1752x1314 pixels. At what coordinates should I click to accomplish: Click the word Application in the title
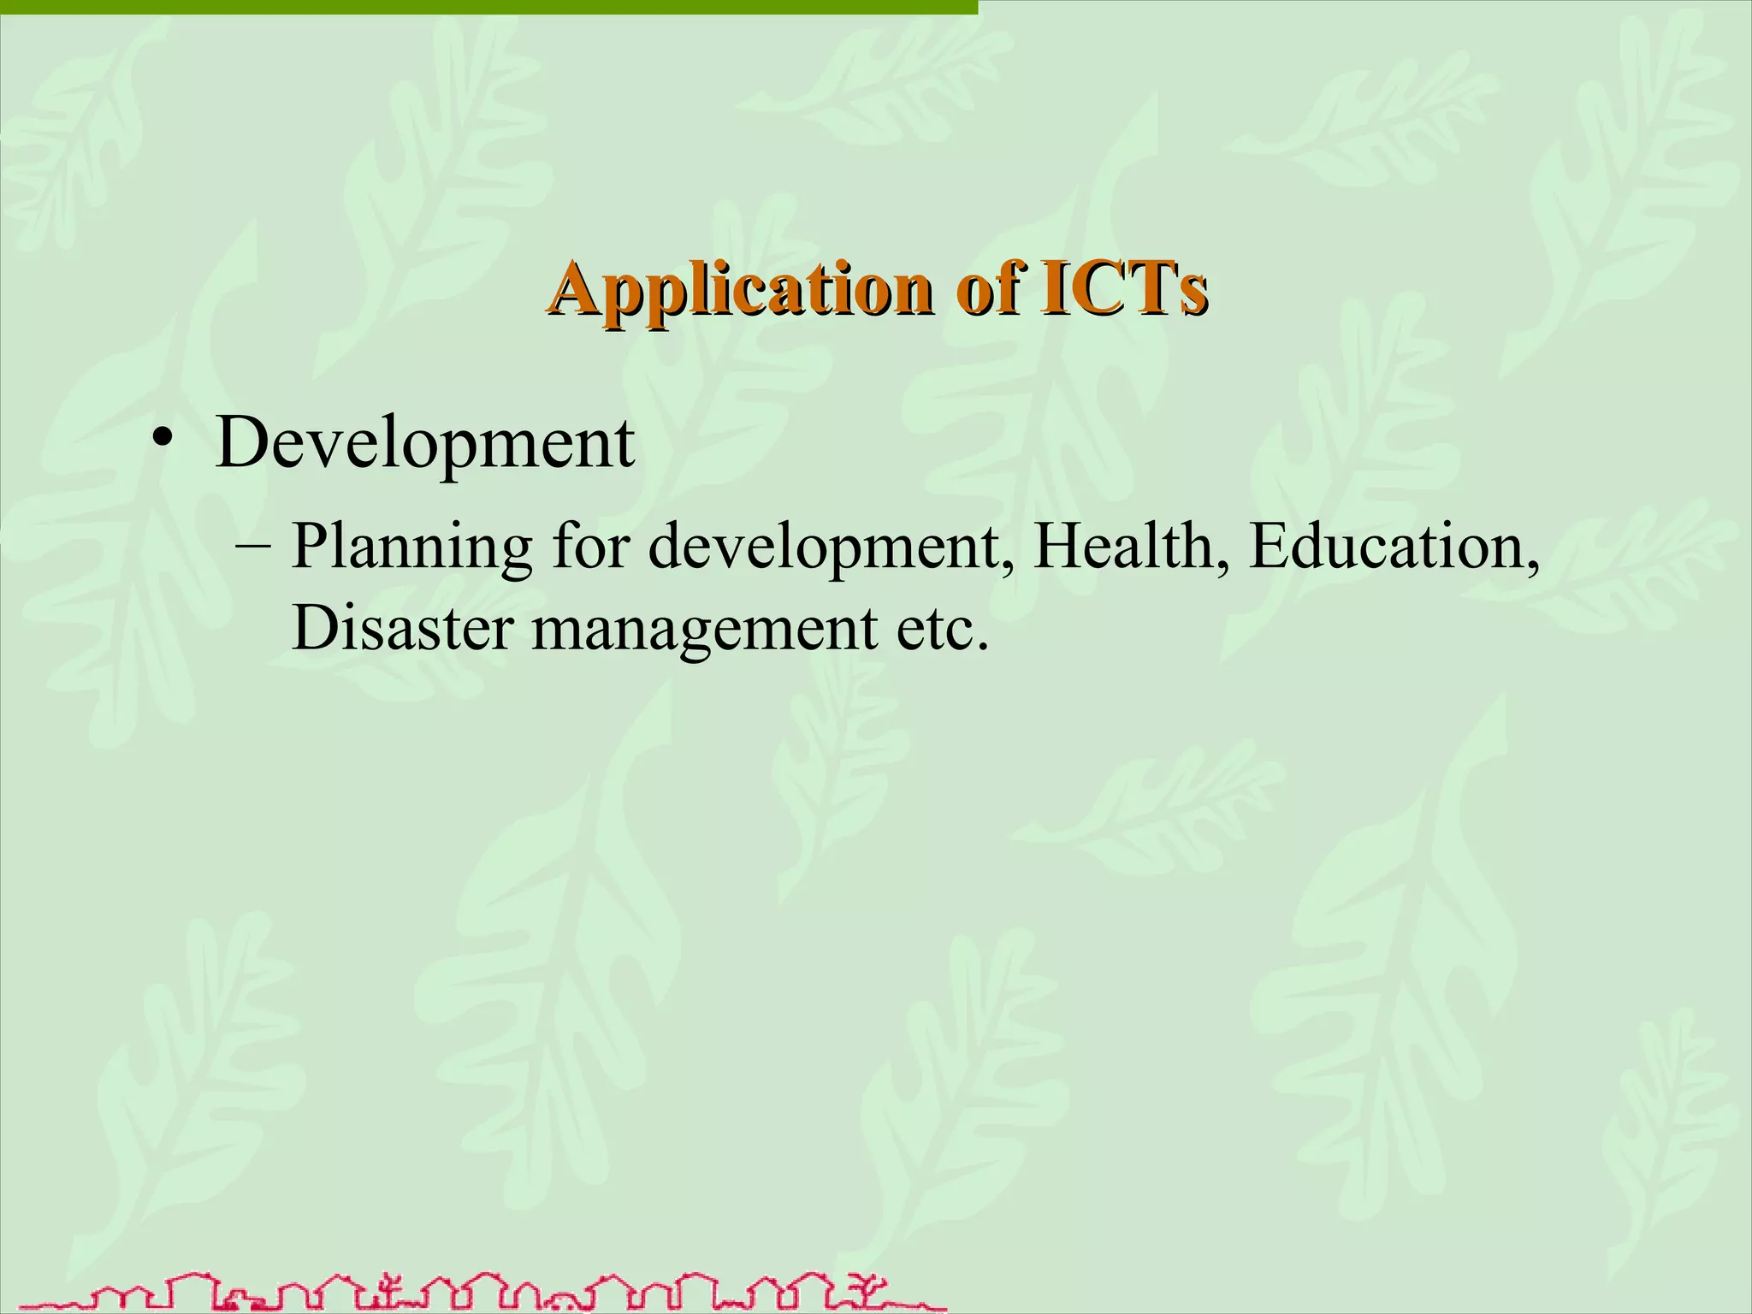tap(741, 289)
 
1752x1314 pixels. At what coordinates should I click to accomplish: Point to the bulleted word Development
tap(425, 445)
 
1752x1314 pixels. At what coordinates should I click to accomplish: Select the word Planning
tap(411, 547)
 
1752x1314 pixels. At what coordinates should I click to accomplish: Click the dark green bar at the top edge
tap(488, 7)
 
